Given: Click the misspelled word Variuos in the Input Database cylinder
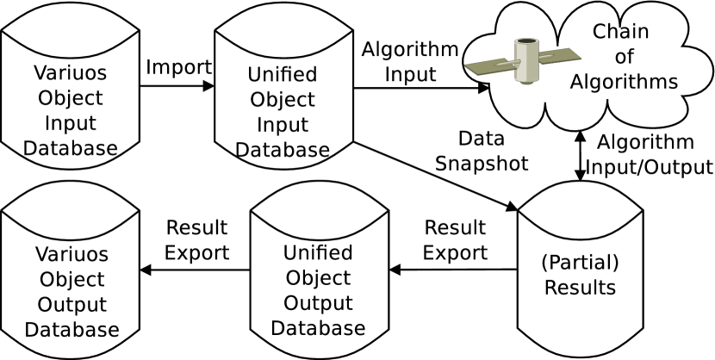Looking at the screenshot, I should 71,72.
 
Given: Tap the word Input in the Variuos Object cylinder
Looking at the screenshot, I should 71,123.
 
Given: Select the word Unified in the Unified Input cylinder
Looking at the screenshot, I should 283,74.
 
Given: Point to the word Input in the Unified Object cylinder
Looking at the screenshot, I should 283,125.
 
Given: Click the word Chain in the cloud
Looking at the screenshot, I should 620,32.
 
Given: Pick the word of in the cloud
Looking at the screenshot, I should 624,57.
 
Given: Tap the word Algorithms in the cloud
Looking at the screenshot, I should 624,82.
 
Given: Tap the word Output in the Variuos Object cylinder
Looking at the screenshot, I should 71,305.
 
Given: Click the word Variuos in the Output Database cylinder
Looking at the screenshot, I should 71,254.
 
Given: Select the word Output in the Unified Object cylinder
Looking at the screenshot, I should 318,303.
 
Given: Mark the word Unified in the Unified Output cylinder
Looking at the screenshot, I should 318,253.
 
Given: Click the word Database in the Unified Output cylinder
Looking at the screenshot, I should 318,328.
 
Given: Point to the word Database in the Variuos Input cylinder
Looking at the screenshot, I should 71,148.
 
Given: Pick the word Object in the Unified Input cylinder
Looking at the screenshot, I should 283,99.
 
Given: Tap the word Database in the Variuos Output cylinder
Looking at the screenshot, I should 71,330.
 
